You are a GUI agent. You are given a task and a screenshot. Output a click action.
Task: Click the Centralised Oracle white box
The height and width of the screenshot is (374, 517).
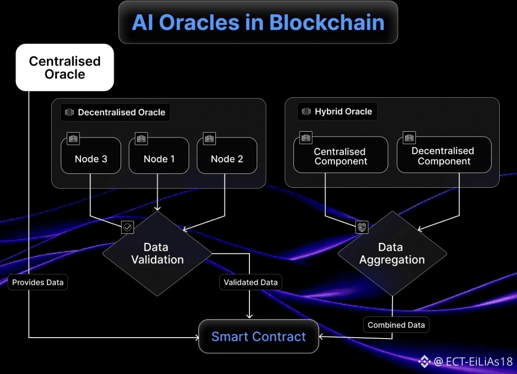[65, 67]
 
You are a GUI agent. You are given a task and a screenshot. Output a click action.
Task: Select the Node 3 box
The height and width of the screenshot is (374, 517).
[91, 156]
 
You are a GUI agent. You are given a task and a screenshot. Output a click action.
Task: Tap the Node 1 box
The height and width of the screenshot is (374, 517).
[159, 156]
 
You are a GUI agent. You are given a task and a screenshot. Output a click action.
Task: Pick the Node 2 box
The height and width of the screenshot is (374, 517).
[227, 156]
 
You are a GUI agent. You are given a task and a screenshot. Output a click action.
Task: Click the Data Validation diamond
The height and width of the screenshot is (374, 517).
[157, 253]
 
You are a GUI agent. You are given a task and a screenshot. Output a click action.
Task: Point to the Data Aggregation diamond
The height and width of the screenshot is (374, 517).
[393, 253]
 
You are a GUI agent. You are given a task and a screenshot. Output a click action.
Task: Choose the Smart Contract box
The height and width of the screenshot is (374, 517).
[259, 336]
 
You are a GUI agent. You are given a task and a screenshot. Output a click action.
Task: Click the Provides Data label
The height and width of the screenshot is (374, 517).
[38, 283]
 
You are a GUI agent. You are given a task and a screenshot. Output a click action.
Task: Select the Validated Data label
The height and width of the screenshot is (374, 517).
[250, 283]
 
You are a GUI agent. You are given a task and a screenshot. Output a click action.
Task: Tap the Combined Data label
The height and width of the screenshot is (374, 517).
[396, 325]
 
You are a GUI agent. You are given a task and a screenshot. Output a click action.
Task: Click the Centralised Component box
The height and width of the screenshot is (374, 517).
[341, 155]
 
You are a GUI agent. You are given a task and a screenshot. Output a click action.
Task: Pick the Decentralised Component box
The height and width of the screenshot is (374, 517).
[444, 155]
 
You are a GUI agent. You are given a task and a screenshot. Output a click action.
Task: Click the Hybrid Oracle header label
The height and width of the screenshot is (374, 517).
[337, 112]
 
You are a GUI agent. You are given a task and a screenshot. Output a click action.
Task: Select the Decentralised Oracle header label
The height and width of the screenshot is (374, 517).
[115, 112]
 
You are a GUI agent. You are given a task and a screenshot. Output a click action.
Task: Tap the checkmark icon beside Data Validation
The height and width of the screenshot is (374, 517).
[128, 227]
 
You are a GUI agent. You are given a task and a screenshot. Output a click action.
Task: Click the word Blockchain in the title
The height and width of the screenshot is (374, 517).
[327, 23]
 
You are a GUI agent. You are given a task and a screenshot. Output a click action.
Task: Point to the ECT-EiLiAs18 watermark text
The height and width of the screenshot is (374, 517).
[479, 362]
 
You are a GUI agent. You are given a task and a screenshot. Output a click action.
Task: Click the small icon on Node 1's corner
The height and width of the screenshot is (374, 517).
[141, 138]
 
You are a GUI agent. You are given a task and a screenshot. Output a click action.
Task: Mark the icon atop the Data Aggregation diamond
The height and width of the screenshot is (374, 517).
[362, 227]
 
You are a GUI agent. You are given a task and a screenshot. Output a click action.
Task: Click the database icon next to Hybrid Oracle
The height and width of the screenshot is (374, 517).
[306, 112]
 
